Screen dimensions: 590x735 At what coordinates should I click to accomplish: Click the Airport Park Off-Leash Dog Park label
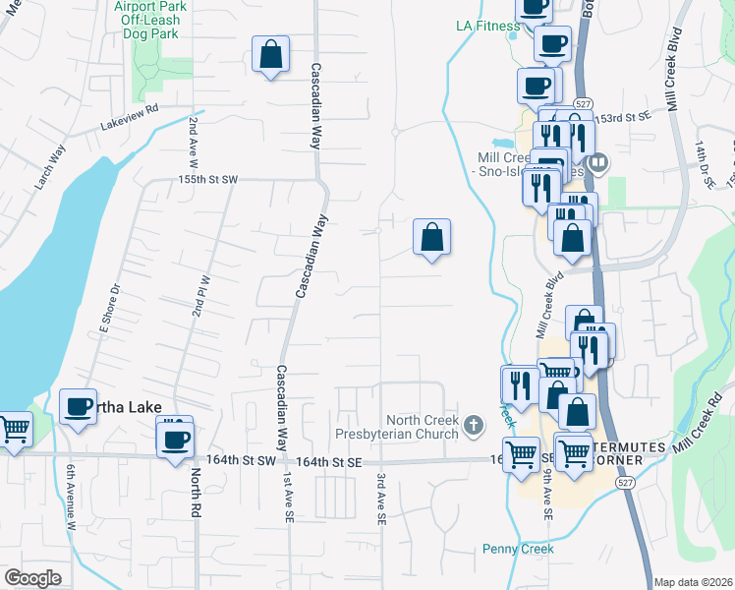pyautogui.click(x=148, y=19)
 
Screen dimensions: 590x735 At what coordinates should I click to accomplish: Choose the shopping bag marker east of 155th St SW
pyautogui.click(x=431, y=237)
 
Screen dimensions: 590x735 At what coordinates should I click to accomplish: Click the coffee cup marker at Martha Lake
pyautogui.click(x=78, y=407)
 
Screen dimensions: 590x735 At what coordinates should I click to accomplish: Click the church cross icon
pyautogui.click(x=474, y=426)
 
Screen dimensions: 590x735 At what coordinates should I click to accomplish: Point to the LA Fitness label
pyautogui.click(x=486, y=26)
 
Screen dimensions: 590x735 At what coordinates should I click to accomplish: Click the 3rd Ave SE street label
pyautogui.click(x=380, y=498)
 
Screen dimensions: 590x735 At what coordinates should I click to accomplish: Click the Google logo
pyautogui.click(x=32, y=578)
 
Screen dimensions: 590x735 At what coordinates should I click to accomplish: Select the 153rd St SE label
pyautogui.click(x=625, y=116)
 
